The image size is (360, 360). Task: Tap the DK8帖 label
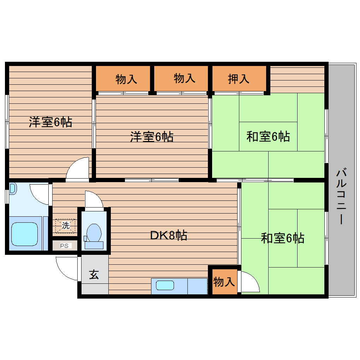coord(169,235)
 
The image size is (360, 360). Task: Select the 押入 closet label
coord(239,79)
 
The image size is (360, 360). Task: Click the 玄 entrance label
coord(94,274)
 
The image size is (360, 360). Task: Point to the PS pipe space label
coord(64,246)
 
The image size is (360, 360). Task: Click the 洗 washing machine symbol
coord(66,226)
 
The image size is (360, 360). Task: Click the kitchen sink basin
coord(165,286)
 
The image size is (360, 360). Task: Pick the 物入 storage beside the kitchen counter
coord(224,282)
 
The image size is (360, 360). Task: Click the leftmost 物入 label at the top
coord(126,79)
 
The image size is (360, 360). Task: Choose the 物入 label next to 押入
coord(184,78)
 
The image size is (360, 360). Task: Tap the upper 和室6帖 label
coord(268,136)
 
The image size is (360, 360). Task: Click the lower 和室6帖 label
coord(282,238)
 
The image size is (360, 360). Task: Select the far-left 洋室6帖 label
coord(50,122)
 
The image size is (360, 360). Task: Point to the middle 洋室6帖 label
coord(152,137)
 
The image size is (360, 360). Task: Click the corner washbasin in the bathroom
coord(13,189)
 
